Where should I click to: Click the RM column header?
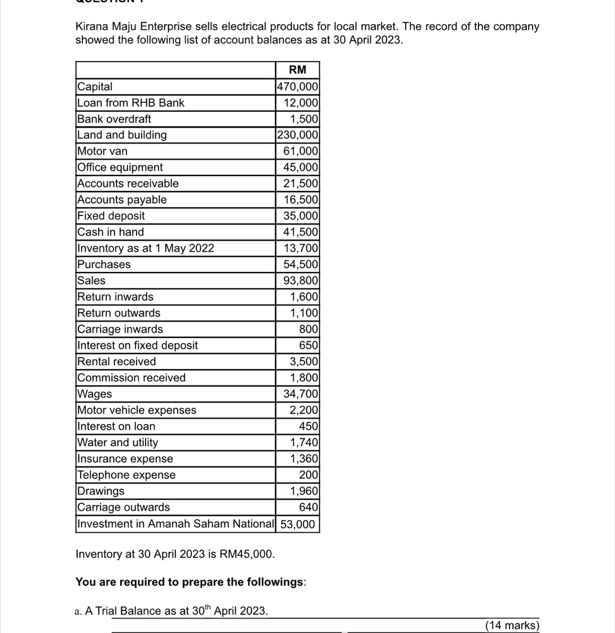click(297, 70)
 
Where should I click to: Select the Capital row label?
click(95, 86)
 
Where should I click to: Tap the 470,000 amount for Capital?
click(297, 86)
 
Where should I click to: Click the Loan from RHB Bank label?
click(131, 103)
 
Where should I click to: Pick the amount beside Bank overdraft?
click(304, 119)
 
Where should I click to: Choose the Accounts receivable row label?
click(128, 183)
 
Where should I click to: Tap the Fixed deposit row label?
click(111, 216)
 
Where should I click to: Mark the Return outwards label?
click(119, 313)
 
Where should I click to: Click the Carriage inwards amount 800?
click(309, 329)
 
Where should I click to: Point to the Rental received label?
click(117, 362)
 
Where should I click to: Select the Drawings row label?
click(101, 491)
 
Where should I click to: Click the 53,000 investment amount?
click(298, 524)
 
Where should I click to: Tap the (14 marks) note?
click(512, 625)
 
